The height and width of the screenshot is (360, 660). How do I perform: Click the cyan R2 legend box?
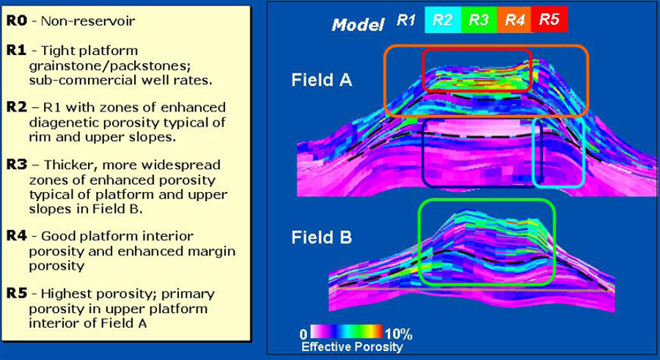(x=443, y=20)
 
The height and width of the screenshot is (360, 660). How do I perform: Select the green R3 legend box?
(x=479, y=20)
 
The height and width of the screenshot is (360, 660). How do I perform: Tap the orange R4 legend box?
(x=514, y=20)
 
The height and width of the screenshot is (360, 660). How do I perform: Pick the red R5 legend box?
(x=550, y=20)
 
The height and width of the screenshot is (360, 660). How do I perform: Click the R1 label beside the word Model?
(x=406, y=20)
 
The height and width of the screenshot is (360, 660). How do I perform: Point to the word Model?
(x=358, y=25)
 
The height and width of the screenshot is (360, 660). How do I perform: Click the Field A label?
(x=322, y=80)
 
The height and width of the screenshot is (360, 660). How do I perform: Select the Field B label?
(x=322, y=238)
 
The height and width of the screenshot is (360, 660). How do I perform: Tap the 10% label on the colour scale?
(x=398, y=334)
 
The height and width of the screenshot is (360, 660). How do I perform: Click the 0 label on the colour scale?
(x=304, y=334)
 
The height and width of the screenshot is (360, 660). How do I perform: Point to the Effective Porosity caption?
(x=352, y=347)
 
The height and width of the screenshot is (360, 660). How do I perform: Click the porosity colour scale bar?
(x=346, y=331)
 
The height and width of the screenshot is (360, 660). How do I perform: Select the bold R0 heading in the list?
(x=16, y=21)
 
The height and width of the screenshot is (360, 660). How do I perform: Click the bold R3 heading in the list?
(x=16, y=165)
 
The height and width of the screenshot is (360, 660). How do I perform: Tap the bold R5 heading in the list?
(x=16, y=293)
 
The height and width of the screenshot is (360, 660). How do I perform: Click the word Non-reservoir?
(x=88, y=21)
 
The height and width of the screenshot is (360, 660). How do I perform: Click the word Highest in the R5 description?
(x=66, y=294)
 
